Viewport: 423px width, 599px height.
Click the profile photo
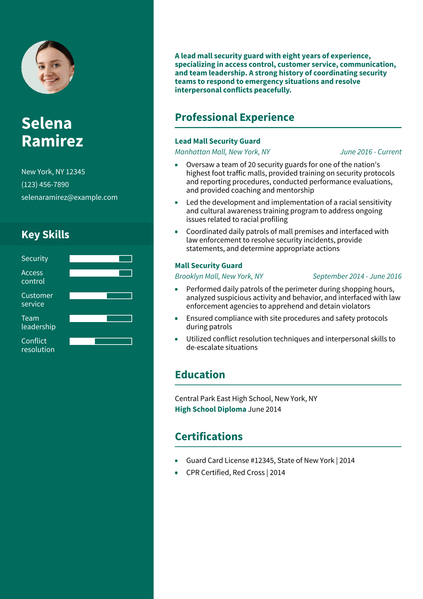[48, 67]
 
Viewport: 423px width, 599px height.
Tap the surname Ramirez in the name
[52, 141]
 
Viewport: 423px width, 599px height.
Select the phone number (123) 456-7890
[45, 185]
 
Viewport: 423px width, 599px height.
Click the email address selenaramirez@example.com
[69, 197]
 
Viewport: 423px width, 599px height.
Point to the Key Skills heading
[45, 235]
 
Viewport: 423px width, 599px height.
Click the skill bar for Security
[101, 259]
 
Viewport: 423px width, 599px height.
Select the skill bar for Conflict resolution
[101, 341]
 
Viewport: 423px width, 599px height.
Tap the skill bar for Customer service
[101, 296]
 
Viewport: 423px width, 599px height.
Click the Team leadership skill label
[38, 322]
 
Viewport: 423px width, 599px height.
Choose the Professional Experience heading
[235, 117]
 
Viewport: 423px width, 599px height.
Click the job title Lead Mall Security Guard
[217, 141]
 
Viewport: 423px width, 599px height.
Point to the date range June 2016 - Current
[371, 152]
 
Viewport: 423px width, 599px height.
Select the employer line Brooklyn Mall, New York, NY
[219, 276]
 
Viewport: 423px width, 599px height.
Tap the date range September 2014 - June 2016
[357, 276]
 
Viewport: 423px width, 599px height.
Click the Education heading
[200, 375]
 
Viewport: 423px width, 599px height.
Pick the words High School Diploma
[210, 409]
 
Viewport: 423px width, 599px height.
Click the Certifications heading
[209, 436]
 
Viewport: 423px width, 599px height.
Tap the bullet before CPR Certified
[177, 473]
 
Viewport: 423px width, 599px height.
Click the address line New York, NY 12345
[53, 172]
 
